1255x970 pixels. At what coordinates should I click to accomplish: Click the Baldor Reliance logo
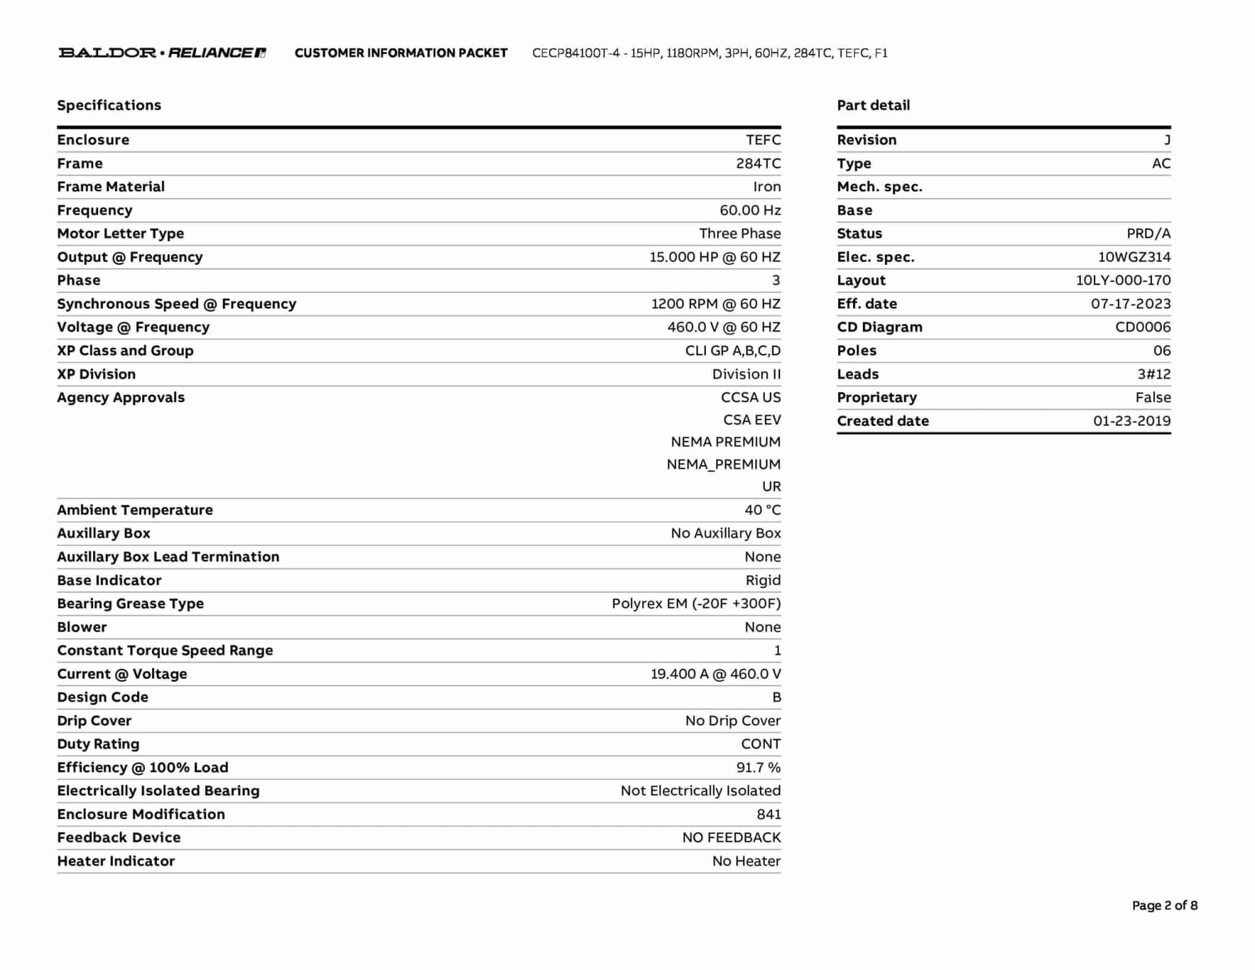click(162, 53)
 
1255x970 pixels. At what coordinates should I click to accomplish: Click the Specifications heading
click(109, 105)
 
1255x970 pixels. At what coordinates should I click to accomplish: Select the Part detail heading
click(873, 105)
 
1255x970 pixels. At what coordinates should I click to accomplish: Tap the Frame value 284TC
click(758, 164)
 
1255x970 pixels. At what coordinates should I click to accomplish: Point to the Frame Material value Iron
click(767, 187)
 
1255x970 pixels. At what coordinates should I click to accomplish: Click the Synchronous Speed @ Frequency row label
click(176, 304)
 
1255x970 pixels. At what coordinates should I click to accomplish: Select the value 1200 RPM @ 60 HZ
click(715, 304)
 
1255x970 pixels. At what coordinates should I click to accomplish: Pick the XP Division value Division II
click(746, 375)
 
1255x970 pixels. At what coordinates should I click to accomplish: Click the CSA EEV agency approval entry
click(751, 420)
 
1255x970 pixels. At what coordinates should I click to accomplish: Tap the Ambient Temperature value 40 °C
click(762, 510)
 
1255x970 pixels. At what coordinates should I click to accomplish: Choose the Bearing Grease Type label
click(131, 604)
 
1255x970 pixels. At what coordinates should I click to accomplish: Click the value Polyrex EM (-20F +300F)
click(696, 604)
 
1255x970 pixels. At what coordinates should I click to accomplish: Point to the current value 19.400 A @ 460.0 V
click(715, 674)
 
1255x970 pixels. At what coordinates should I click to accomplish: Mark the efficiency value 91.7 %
click(758, 768)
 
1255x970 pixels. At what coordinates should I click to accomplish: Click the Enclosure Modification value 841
click(768, 814)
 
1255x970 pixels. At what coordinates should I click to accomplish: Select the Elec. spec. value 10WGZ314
click(1134, 258)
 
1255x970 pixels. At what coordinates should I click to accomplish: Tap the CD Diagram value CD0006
click(1142, 327)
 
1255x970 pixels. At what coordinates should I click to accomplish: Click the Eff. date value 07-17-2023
click(1130, 304)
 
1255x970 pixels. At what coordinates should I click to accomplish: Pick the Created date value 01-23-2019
click(1131, 421)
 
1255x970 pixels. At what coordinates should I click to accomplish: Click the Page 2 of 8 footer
click(1164, 906)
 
